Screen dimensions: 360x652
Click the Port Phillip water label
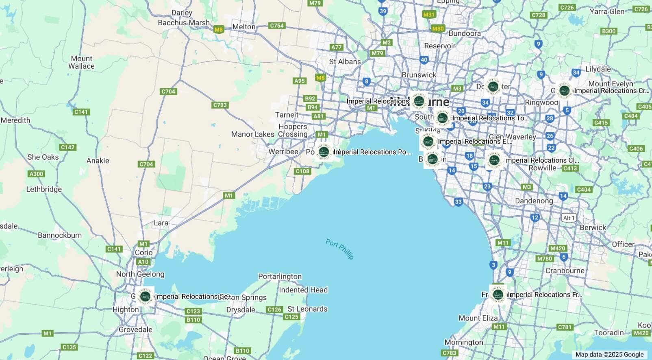[339, 249]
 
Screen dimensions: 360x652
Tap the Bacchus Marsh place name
[184, 23]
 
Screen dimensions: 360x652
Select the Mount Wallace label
[81, 62]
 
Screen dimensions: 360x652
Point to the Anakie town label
[98, 161]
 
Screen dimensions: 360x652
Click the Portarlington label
[280, 277]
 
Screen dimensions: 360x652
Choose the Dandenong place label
[534, 201]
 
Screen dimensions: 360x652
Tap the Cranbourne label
[565, 271]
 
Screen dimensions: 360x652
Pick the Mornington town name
[464, 342]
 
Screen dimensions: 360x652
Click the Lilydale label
[598, 69]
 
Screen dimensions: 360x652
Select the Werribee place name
[283, 152]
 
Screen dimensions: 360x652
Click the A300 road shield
[36, 174]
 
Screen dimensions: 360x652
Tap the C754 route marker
[277, 26]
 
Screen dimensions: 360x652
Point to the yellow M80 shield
[438, 28]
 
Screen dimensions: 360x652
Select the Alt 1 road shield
[569, 218]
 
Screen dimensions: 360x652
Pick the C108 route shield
[302, 171]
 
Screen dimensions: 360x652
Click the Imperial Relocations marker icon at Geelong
[145, 296]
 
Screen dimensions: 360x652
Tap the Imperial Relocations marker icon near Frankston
[498, 294]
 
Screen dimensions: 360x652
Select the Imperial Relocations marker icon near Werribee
[324, 152]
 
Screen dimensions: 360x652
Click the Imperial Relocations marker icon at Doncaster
[493, 86]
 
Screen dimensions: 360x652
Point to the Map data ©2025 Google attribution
[609, 355]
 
